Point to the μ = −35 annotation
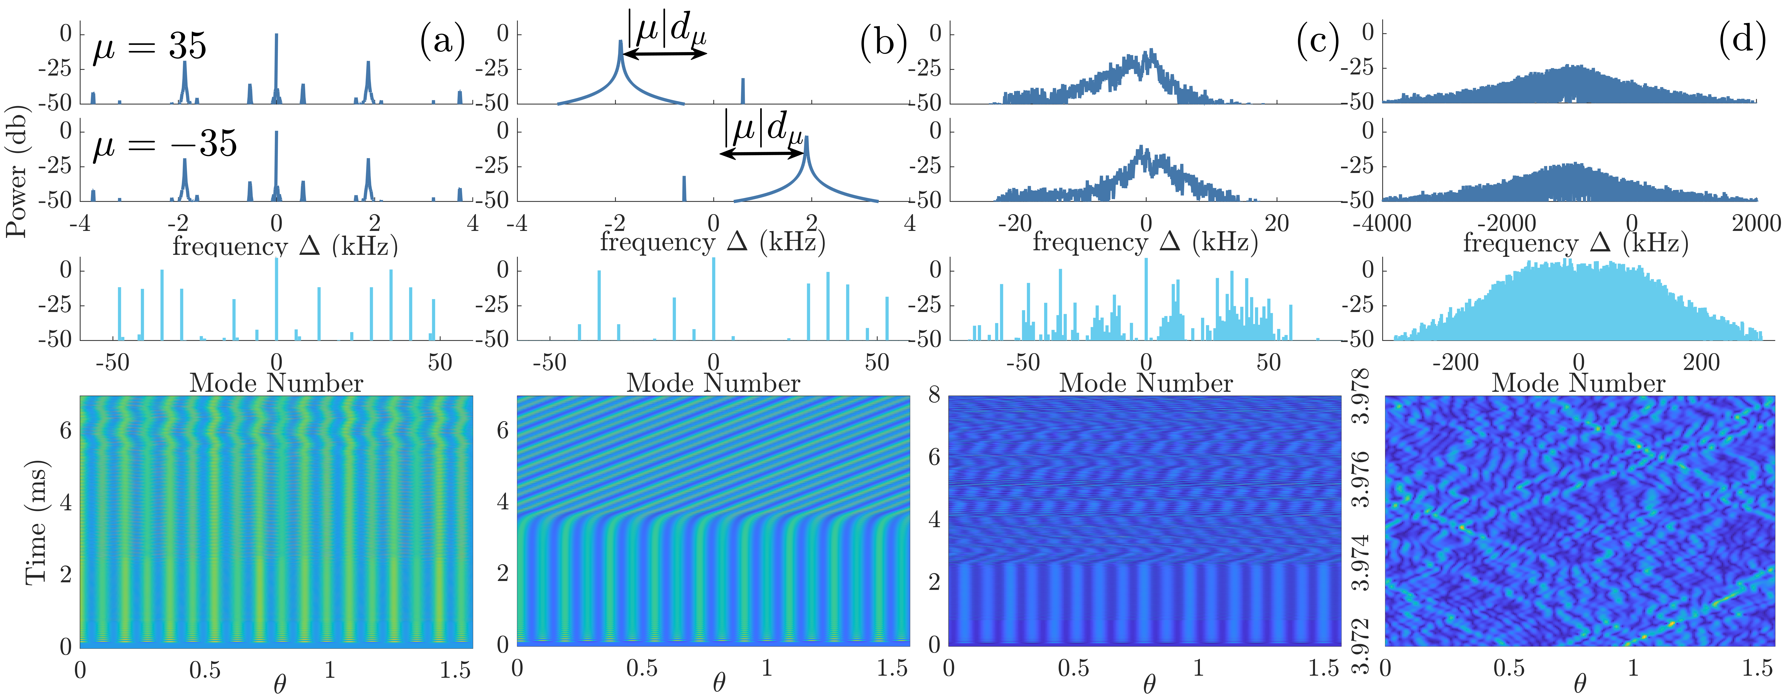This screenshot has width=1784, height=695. click(165, 144)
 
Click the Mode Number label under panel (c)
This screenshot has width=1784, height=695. click(1146, 383)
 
